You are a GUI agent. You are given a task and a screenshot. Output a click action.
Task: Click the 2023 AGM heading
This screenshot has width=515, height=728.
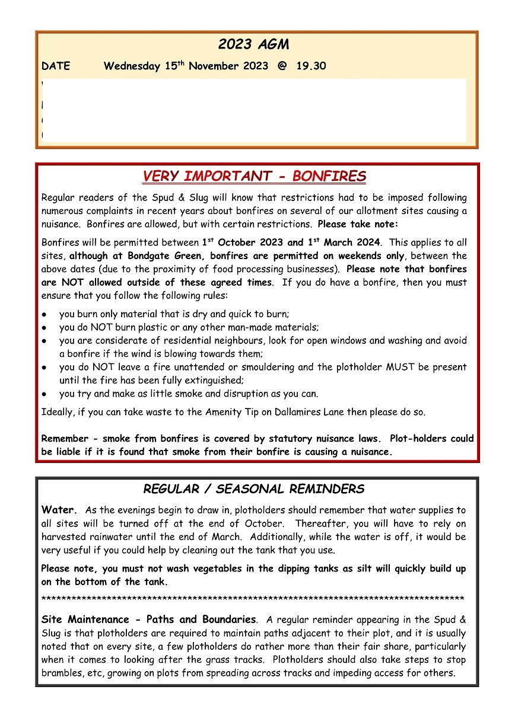(253, 44)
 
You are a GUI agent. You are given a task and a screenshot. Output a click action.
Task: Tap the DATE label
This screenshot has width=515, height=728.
(56, 66)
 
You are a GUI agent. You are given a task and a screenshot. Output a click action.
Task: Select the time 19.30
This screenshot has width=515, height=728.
(311, 66)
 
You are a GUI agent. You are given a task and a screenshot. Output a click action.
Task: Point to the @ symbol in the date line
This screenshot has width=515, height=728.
(282, 66)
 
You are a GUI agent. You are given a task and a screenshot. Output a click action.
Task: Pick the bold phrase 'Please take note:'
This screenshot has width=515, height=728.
(358, 225)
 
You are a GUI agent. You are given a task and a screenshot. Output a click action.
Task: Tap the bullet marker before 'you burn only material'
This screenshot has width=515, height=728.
(44, 314)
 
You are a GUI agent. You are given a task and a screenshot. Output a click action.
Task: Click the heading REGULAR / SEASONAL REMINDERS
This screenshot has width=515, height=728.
(253, 489)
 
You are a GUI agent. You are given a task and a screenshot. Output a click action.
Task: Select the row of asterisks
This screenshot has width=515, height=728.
(253, 599)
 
